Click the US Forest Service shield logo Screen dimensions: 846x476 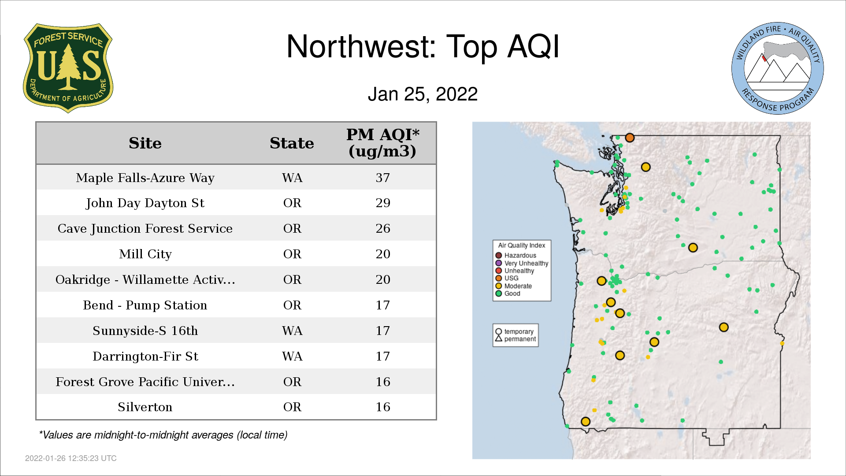(x=68, y=68)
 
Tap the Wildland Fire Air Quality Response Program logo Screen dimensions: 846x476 (x=778, y=68)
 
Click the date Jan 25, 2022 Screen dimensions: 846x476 (x=423, y=94)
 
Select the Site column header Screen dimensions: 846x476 (x=145, y=143)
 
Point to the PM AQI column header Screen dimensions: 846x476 (x=382, y=143)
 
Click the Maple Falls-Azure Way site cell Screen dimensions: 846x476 (x=145, y=178)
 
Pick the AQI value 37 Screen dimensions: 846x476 (x=382, y=178)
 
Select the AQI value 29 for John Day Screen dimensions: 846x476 (x=382, y=203)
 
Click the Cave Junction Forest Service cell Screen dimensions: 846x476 (x=145, y=228)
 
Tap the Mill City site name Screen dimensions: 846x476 (x=145, y=254)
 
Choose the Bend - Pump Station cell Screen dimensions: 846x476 (x=145, y=305)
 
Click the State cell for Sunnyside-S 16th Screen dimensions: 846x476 (x=292, y=331)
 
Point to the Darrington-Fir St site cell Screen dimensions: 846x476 (x=145, y=356)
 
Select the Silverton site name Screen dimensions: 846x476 (x=145, y=407)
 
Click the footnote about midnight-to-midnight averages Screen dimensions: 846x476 (x=163, y=435)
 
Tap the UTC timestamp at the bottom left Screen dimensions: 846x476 (x=71, y=458)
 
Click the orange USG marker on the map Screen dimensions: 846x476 (x=630, y=138)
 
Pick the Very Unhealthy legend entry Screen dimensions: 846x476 (x=522, y=263)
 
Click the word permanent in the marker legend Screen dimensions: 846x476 (x=520, y=339)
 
